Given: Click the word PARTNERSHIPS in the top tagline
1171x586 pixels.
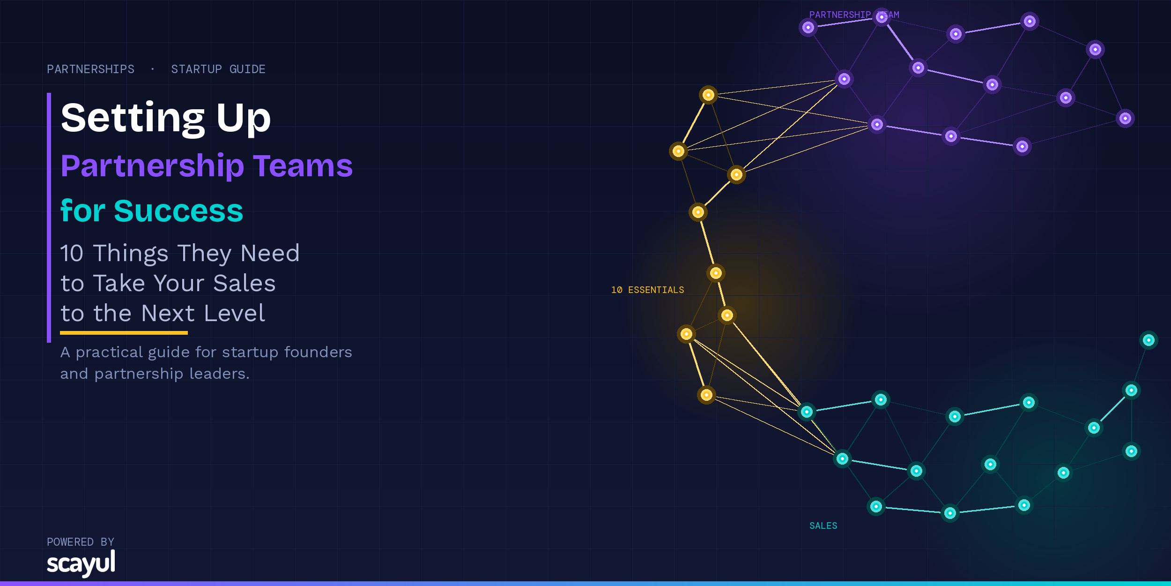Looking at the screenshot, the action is (90, 69).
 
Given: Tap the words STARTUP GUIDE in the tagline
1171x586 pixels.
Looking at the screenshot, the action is (218, 69).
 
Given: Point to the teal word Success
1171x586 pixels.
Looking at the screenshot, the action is (178, 210).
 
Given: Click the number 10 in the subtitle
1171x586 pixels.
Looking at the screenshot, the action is (72, 254).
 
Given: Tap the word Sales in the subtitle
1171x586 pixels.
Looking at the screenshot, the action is (245, 283).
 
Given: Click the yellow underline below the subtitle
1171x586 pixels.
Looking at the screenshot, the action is (124, 333).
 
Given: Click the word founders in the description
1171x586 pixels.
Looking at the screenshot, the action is (318, 352).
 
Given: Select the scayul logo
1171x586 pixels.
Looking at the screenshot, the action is (81, 563).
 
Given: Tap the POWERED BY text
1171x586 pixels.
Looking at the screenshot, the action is (81, 542).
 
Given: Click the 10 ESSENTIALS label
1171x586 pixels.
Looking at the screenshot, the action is (647, 290).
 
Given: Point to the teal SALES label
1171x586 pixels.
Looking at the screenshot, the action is (823, 526).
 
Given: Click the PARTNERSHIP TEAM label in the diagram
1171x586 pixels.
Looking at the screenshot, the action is (854, 15).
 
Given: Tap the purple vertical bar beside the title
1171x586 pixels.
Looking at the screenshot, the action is (49, 218).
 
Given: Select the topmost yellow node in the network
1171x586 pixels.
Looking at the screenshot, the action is (708, 95).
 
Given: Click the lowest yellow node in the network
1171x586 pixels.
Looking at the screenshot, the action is (706, 395).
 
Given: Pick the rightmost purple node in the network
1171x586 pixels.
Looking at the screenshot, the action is (1125, 119).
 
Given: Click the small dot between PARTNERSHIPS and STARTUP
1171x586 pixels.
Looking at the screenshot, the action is (153, 69).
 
